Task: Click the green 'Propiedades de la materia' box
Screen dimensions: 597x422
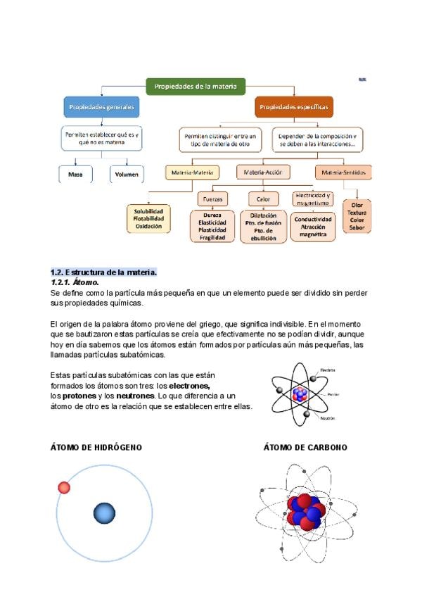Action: pyautogui.click(x=196, y=87)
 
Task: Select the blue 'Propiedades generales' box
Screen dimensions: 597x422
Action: pyautogui.click(x=102, y=108)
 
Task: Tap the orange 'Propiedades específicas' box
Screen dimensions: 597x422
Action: pyautogui.click(x=293, y=108)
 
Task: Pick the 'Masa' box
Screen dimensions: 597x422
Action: pyautogui.click(x=75, y=174)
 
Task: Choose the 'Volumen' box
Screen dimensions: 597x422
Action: pyautogui.click(x=127, y=174)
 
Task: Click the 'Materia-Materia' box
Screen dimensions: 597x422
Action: pyautogui.click(x=192, y=172)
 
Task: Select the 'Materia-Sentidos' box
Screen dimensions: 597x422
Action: pyautogui.click(x=344, y=172)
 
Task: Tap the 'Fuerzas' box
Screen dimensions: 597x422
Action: pyautogui.click(x=212, y=199)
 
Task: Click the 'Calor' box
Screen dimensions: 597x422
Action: pyautogui.click(x=263, y=199)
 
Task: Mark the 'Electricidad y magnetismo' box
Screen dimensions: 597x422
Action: pyautogui.click(x=313, y=199)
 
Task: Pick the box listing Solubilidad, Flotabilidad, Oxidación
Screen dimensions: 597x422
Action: pyautogui.click(x=148, y=218)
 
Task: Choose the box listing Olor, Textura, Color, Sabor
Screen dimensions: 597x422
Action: pyautogui.click(x=357, y=217)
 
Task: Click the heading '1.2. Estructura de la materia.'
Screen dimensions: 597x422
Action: pyautogui.click(x=103, y=272)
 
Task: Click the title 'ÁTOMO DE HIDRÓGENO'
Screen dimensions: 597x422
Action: pyautogui.click(x=96, y=447)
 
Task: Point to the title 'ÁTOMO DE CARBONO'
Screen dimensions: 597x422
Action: pyautogui.click(x=305, y=447)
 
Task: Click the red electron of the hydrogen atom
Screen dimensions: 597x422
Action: pyautogui.click(x=64, y=487)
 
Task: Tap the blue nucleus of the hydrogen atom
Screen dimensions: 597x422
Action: pyautogui.click(x=104, y=513)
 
